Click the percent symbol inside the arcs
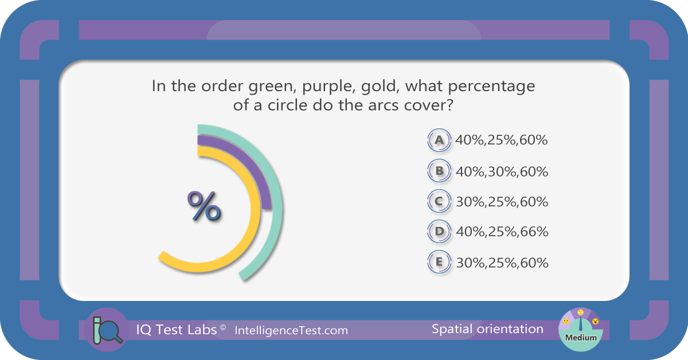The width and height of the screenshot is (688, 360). [204, 205]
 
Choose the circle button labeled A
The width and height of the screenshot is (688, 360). [439, 140]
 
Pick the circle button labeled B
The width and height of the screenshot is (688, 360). [439, 171]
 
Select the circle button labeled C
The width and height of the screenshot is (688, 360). [439, 201]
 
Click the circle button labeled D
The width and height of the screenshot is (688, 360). [439, 231]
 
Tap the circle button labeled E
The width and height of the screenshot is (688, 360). [439, 262]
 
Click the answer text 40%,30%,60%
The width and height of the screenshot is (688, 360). [502, 172]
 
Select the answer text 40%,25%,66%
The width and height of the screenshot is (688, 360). [502, 232]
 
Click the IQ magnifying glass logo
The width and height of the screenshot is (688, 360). [107, 330]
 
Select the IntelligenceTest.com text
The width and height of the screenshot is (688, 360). [291, 331]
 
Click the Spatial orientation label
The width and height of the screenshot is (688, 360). [487, 329]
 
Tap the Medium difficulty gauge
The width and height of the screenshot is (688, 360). [580, 330]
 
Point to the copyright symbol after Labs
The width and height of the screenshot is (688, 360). [223, 327]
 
